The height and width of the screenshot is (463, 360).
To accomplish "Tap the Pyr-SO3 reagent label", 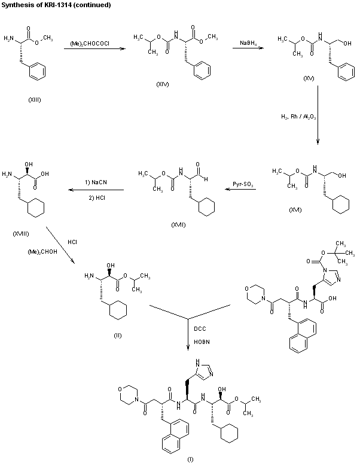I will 243,185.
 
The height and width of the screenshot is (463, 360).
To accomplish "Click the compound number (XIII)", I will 35,99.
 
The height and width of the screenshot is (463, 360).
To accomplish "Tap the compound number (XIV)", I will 162,85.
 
